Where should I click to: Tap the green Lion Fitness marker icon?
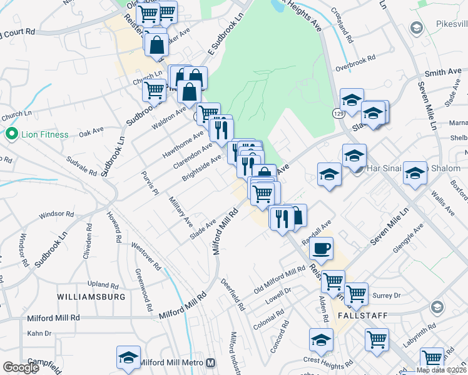11,134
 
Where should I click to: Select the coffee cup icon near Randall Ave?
322,248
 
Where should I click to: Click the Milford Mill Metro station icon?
211,362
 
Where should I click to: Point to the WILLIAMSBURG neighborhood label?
91,296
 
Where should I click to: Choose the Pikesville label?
447,26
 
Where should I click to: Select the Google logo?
21,367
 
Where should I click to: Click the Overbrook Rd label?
355,58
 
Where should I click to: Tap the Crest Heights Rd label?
325,359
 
